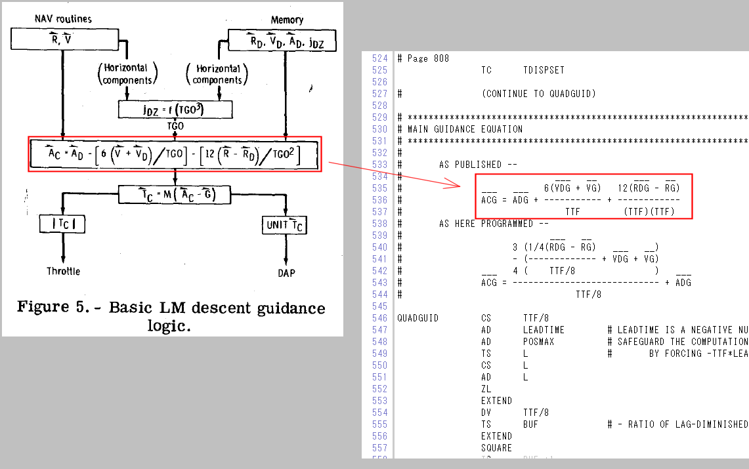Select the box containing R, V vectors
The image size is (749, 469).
(62, 41)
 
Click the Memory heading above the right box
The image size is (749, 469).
(287, 20)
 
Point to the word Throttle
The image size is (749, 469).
(64, 272)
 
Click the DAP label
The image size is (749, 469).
(287, 272)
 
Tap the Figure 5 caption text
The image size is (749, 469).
(171, 316)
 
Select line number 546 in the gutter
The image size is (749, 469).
(379, 318)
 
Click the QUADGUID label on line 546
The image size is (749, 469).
(417, 318)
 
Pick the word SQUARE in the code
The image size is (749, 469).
(496, 448)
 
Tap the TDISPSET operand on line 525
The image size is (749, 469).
(544, 70)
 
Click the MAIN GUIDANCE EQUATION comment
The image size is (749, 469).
(465, 129)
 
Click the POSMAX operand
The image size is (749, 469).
(538, 342)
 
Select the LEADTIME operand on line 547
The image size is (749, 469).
(544, 330)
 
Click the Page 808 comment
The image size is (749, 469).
(428, 58)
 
